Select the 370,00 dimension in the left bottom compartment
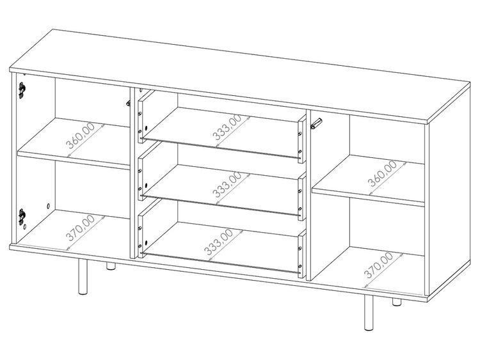click(81, 228)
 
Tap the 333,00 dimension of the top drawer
click(228, 127)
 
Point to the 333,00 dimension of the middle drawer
click(227, 184)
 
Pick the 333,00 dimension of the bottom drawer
click(219, 242)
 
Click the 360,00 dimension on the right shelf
click(382, 173)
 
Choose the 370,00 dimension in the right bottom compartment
click(378, 265)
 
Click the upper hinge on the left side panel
click(22, 90)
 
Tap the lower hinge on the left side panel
click(22, 216)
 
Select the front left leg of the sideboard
click(83, 277)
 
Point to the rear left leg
click(111, 267)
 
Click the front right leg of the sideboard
click(369, 313)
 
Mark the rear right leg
click(397, 302)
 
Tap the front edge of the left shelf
click(74, 160)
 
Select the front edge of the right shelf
click(368, 198)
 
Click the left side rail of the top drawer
click(141, 117)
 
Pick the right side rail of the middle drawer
click(302, 195)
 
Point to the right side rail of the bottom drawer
click(302, 253)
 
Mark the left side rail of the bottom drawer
click(141, 233)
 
